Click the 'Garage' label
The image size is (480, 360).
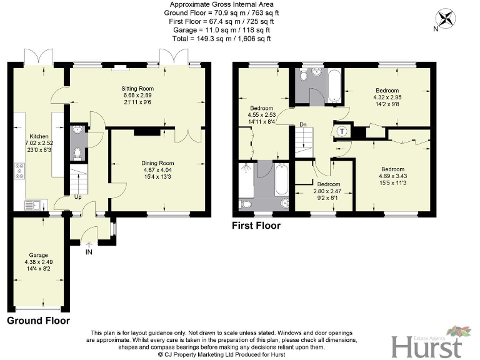click(x=39, y=255)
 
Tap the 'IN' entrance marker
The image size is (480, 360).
click(x=88, y=252)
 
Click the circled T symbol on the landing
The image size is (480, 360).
click(x=342, y=131)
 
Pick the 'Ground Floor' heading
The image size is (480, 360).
click(x=38, y=321)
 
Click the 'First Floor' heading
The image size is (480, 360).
click(x=256, y=226)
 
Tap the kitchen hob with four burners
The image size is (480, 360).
click(x=19, y=170)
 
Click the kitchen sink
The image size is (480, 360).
click(x=31, y=204)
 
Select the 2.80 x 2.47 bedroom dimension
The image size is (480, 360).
click(x=329, y=192)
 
